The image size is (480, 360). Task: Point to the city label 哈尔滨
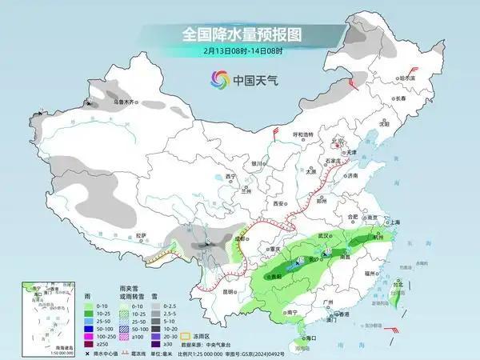pyautogui.click(x=407, y=78)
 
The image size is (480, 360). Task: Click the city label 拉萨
pyautogui.click(x=142, y=235)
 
